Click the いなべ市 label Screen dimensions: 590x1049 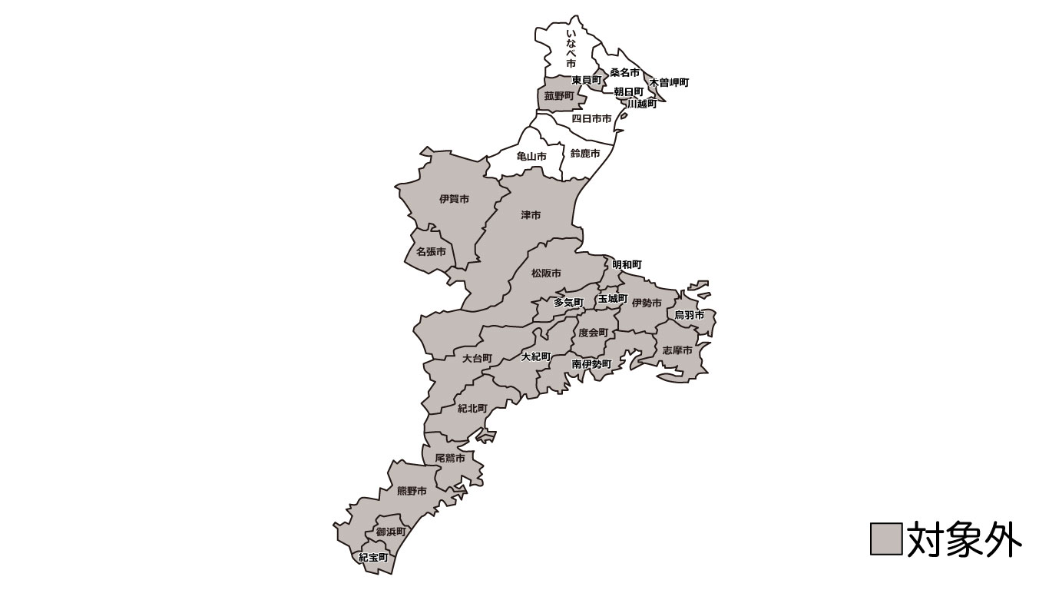pos(571,50)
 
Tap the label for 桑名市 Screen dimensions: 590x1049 pos(624,73)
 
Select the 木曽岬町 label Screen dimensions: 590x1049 pos(669,82)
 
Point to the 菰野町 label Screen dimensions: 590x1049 pos(559,96)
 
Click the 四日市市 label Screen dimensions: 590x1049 pos(591,118)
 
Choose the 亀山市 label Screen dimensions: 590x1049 pos(531,156)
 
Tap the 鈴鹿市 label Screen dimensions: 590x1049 pos(585,154)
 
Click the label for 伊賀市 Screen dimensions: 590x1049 pos(455,199)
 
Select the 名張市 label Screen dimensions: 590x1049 pos(431,251)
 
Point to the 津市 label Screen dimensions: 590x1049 pos(531,215)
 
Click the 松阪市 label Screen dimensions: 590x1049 pos(546,273)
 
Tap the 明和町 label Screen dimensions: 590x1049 pos(627,264)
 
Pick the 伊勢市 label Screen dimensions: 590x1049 pos(647,303)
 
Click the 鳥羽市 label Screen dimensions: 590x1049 pos(689,315)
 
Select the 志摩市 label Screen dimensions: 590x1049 pos(677,350)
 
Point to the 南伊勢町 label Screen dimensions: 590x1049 pos(591,363)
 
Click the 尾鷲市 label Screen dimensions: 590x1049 pos(450,458)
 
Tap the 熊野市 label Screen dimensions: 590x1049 pos(412,491)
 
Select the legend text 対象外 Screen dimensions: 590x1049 pos(964,539)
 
